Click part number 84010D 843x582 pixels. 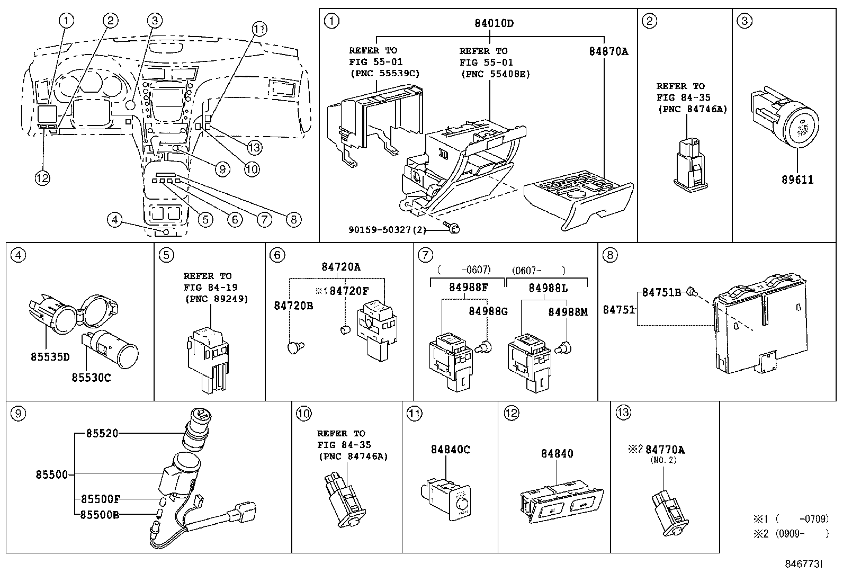pos(494,23)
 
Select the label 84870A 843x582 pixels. pos(608,51)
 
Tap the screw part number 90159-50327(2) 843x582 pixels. pos(384,230)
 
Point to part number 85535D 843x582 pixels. pos(50,356)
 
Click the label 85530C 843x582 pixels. pos(92,378)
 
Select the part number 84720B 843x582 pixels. pos(293,306)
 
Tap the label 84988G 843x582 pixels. pos(488,311)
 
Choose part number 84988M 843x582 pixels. pos(568,312)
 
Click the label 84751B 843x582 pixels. pos(661,292)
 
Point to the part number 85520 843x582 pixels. pos(102,433)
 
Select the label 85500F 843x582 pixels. pos(101,499)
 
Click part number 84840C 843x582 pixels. pos(450,450)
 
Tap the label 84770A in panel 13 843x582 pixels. pos(665,450)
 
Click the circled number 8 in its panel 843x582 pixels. pos(609,255)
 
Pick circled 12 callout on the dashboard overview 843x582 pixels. pos(42,178)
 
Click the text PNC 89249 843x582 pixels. pos(216,299)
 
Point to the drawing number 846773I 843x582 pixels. pos(803,565)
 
